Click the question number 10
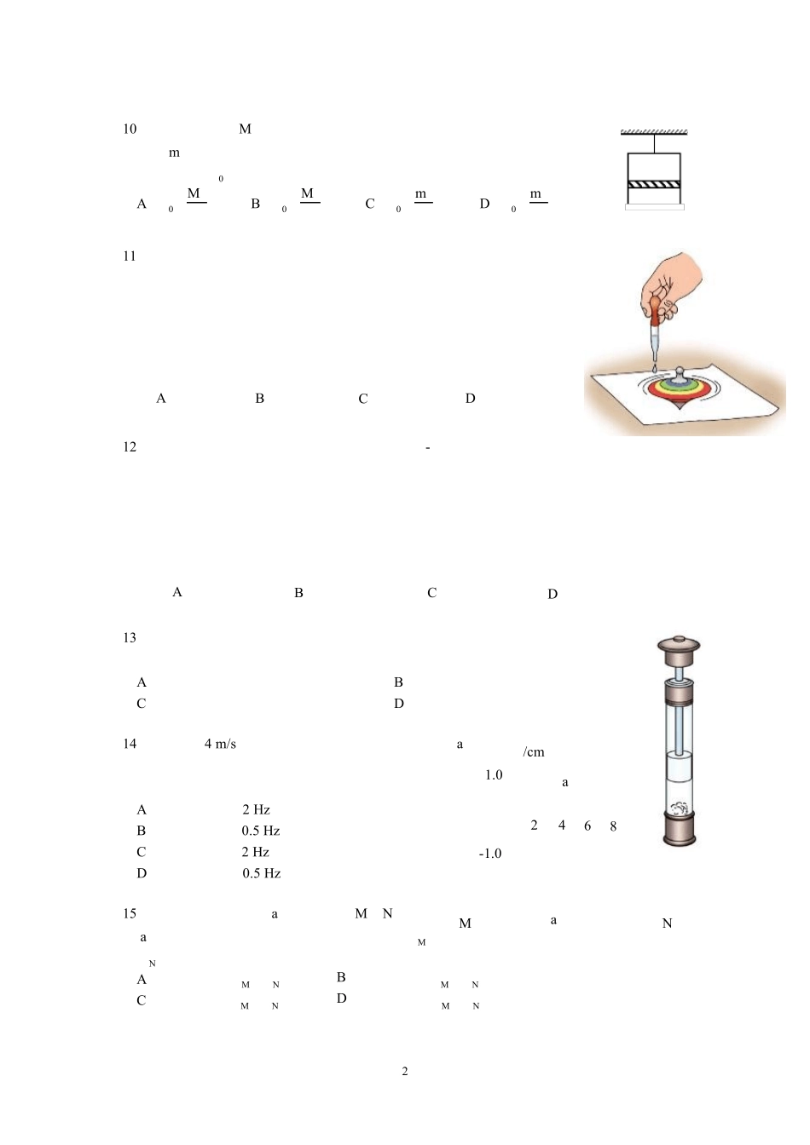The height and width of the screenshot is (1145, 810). tap(130, 129)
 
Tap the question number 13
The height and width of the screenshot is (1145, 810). tap(130, 638)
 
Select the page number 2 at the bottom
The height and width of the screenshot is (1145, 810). tap(405, 1072)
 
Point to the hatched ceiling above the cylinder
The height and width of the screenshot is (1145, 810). tap(654, 132)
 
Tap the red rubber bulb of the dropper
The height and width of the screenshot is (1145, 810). tap(655, 313)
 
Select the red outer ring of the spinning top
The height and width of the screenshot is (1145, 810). tap(680, 391)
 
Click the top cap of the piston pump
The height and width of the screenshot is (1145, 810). tap(679, 650)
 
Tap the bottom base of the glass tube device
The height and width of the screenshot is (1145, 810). tap(680, 831)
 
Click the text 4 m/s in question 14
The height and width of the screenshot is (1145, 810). tap(220, 744)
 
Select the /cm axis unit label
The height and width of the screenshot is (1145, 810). tap(533, 752)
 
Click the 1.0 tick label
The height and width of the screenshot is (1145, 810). tap(494, 775)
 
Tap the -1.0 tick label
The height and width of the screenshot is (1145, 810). tap(490, 854)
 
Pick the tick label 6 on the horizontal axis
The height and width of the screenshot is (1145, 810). tap(587, 826)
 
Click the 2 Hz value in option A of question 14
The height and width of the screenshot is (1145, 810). tap(256, 809)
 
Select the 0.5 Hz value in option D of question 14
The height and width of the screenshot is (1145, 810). tap(262, 873)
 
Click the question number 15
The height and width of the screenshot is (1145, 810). tap(130, 913)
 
